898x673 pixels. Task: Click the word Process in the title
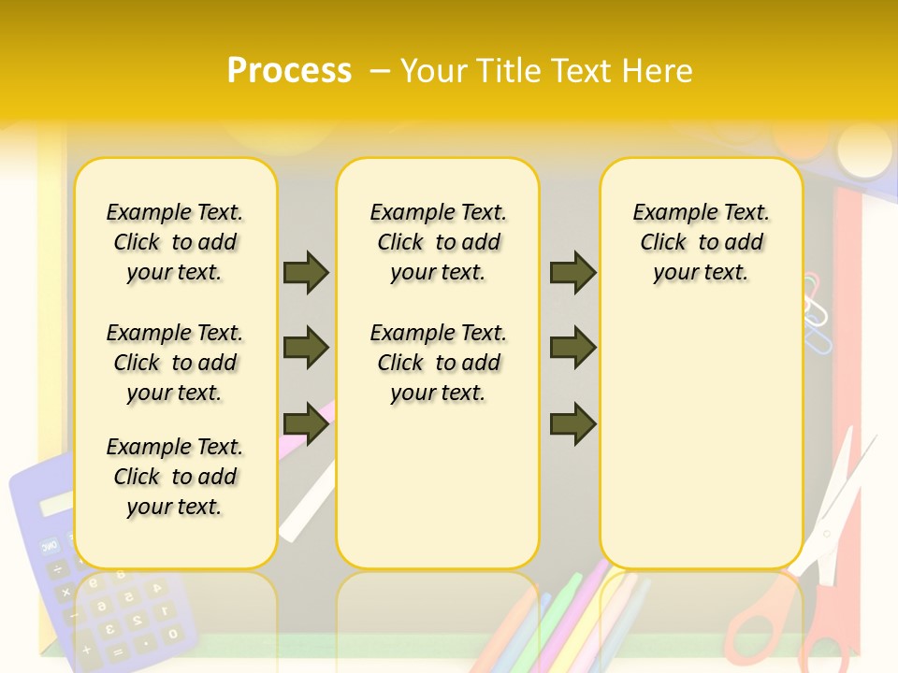coord(289,70)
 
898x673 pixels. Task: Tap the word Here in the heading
coord(659,71)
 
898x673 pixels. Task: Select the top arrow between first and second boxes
coord(306,272)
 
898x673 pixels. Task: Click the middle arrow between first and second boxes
coord(306,348)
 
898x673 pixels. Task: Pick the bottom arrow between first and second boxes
coord(306,424)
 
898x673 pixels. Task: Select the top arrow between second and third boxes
coord(572,272)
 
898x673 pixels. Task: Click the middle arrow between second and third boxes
coord(572,348)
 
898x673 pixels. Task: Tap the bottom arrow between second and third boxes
coord(572,424)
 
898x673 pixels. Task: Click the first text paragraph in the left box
coord(175,242)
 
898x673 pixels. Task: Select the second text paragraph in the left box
coord(175,363)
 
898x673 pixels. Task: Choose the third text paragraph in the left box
coord(175,477)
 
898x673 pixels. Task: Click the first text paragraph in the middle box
coord(439,242)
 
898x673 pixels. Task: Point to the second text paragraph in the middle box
coord(439,363)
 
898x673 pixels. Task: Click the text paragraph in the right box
coord(702,242)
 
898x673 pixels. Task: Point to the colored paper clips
coord(816,308)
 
